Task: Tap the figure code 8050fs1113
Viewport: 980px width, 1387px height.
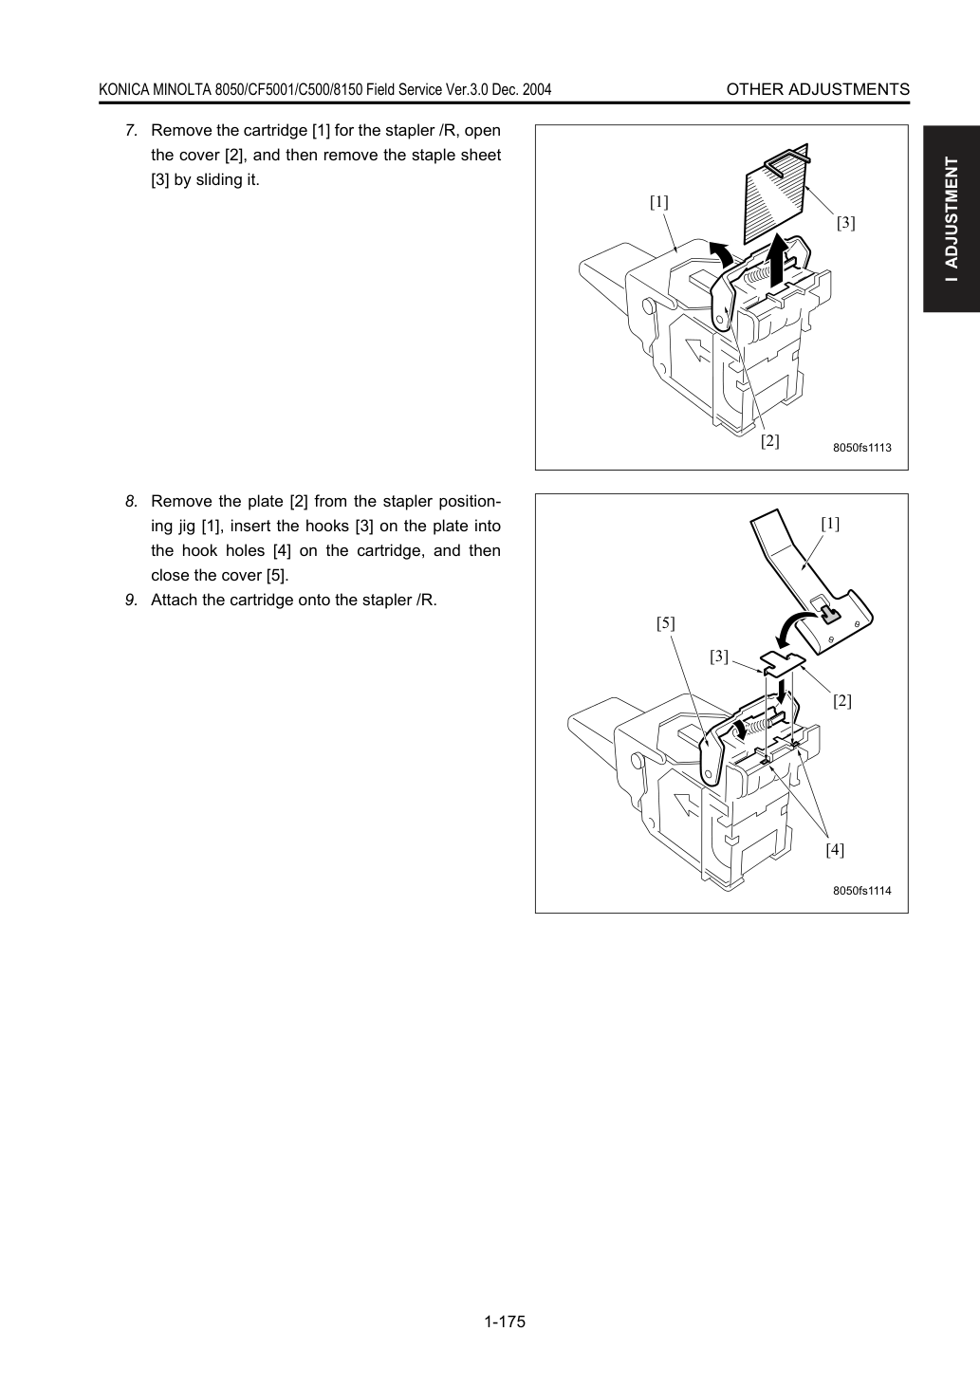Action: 861,448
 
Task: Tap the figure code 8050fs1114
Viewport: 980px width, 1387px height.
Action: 861,891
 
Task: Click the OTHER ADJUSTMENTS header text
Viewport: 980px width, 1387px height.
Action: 818,89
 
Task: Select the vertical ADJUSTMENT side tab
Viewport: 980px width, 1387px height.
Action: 952,219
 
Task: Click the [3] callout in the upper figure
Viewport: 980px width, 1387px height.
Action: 845,222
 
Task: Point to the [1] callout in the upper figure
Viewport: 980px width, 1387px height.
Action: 658,202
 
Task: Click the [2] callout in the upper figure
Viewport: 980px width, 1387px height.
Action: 770,441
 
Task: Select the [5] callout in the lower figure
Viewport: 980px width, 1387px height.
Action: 666,623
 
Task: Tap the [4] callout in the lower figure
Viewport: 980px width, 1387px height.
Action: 835,849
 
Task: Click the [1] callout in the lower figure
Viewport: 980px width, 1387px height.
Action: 830,524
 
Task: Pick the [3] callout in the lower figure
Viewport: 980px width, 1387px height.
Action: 719,657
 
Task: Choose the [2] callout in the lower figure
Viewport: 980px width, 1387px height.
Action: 841,701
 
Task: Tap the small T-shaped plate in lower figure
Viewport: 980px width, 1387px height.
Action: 783,663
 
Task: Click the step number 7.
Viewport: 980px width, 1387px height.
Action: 131,131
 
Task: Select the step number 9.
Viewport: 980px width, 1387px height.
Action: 131,600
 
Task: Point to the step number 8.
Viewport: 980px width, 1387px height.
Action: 131,501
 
